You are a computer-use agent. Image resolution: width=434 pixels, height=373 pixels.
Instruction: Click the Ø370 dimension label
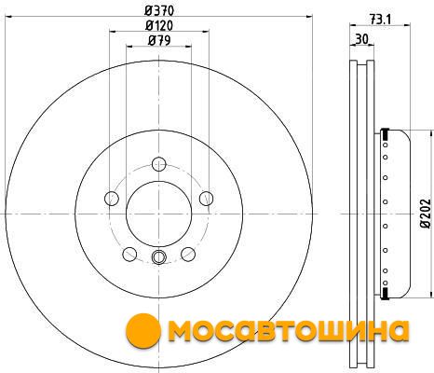click(159, 11)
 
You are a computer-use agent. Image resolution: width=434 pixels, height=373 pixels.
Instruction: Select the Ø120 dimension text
click(159, 25)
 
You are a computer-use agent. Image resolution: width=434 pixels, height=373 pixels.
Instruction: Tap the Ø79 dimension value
click(159, 40)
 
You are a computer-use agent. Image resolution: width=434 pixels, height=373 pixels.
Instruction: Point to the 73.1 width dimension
click(380, 20)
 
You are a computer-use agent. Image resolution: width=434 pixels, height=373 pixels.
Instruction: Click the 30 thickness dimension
click(362, 39)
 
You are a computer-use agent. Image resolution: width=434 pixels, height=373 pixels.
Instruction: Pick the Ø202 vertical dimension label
click(427, 213)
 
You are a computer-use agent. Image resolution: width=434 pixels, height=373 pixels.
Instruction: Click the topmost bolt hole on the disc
click(159, 164)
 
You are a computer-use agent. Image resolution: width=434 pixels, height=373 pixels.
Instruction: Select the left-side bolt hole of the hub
click(112, 199)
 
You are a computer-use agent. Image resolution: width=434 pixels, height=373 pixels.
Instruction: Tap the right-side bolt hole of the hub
click(206, 199)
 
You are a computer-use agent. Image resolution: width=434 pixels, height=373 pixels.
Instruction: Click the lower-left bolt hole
click(129, 254)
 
